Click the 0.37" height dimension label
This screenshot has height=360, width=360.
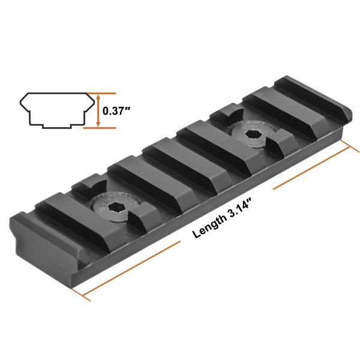tap(116, 111)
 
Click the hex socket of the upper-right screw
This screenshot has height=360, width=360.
tap(253, 134)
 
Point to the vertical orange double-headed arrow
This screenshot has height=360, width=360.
tap(98, 110)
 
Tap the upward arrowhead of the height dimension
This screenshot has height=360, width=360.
tap(98, 97)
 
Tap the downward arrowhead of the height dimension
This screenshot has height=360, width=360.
tap(98, 124)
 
